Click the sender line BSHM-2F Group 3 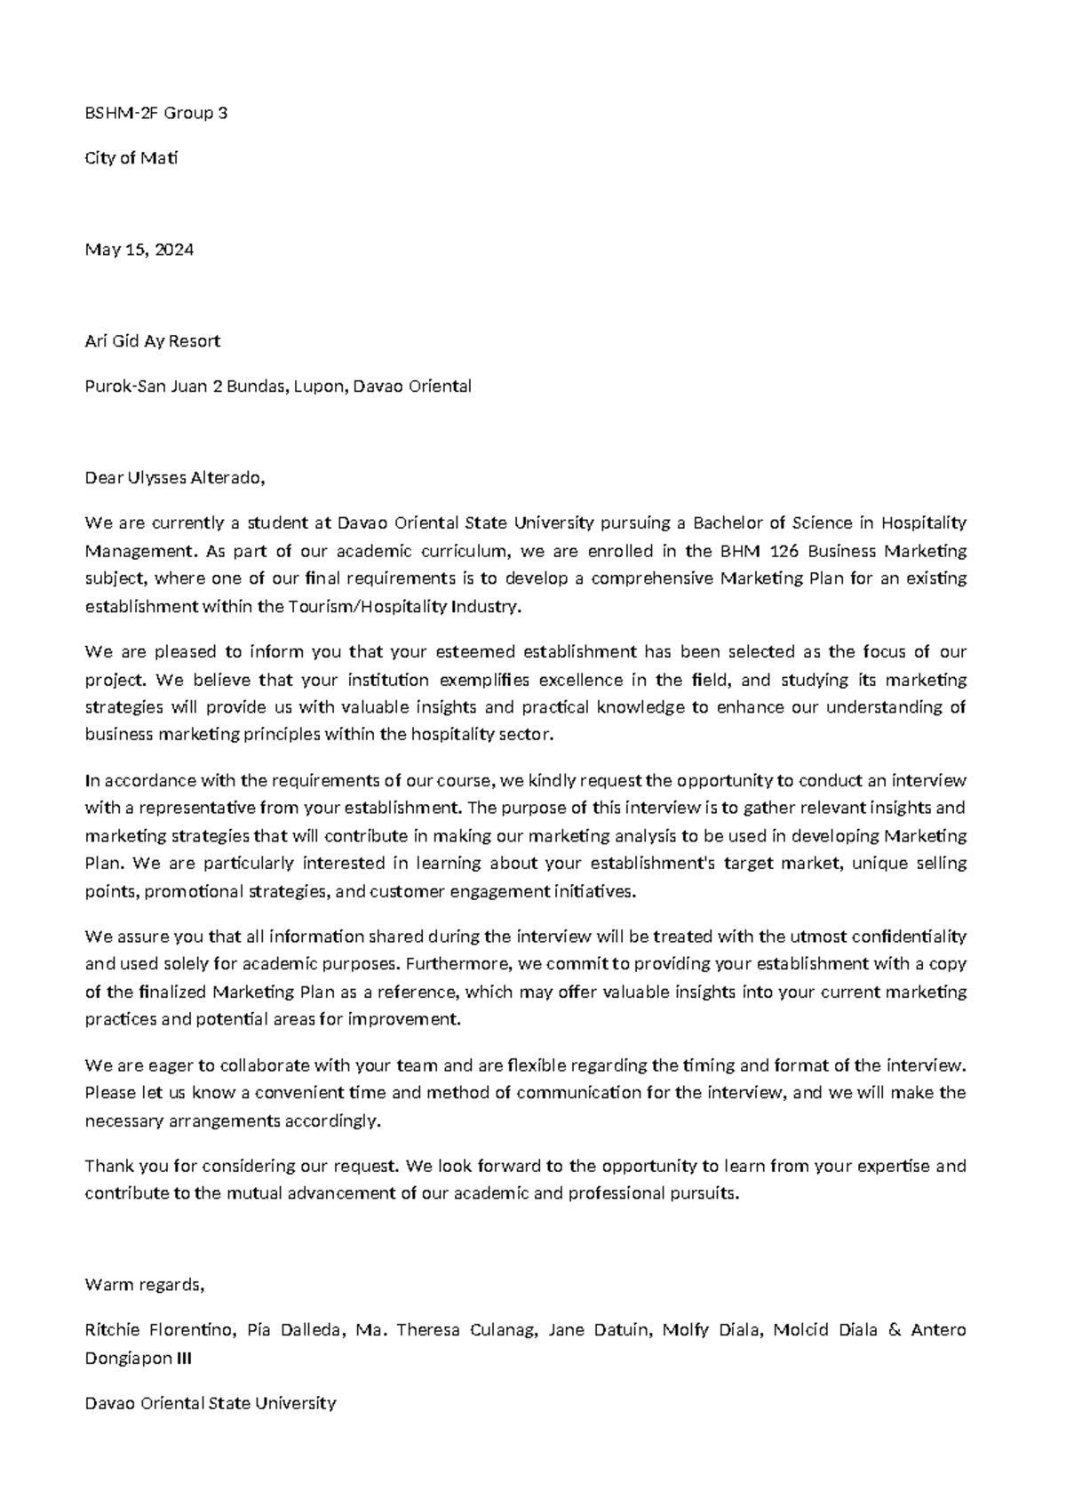click(x=155, y=113)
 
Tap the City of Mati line click(x=131, y=158)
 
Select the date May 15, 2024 click(x=139, y=250)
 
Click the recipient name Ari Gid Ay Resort click(x=152, y=341)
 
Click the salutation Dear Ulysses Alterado click(x=174, y=478)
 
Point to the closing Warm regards click(x=144, y=1284)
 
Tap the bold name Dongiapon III click(x=138, y=1358)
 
